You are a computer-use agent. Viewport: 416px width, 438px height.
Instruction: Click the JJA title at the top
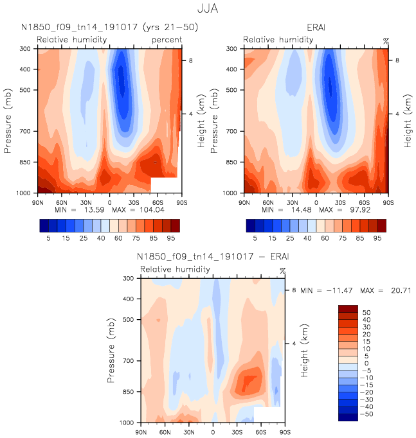pyautogui.click(x=208, y=10)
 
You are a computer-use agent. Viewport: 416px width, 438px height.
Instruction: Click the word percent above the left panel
pyautogui.click(x=167, y=40)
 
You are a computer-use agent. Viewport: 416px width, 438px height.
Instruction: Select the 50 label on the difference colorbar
pyautogui.click(x=367, y=311)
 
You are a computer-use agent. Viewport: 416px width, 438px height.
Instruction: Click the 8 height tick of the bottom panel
pyautogui.click(x=293, y=290)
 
